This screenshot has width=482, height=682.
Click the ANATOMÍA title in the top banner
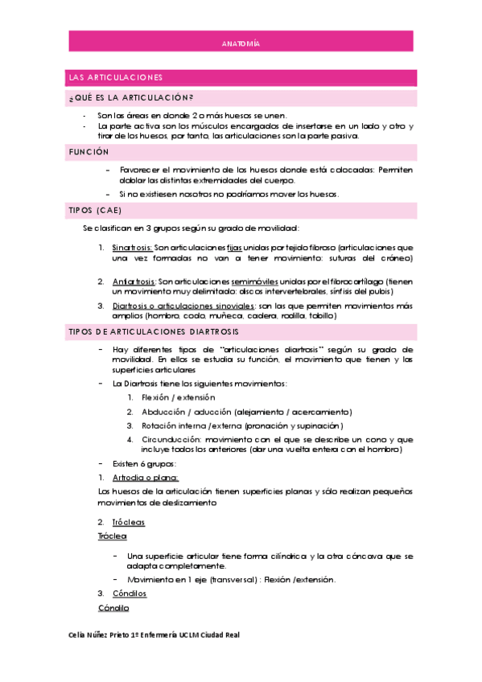pos(241,44)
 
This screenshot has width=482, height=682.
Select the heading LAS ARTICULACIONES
pos(116,77)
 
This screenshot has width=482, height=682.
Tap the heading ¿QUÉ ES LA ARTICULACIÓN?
pos(130,98)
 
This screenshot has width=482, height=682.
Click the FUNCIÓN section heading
pos(89,151)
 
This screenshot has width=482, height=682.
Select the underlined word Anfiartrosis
pos(134,281)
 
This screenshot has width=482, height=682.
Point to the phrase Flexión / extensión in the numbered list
pos(178,397)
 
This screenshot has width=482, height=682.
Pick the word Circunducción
pos(171,439)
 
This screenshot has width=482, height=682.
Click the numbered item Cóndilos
pos(130,594)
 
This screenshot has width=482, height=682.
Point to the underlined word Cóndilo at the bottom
pos(113,607)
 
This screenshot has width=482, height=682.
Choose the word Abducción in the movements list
pos(166,411)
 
